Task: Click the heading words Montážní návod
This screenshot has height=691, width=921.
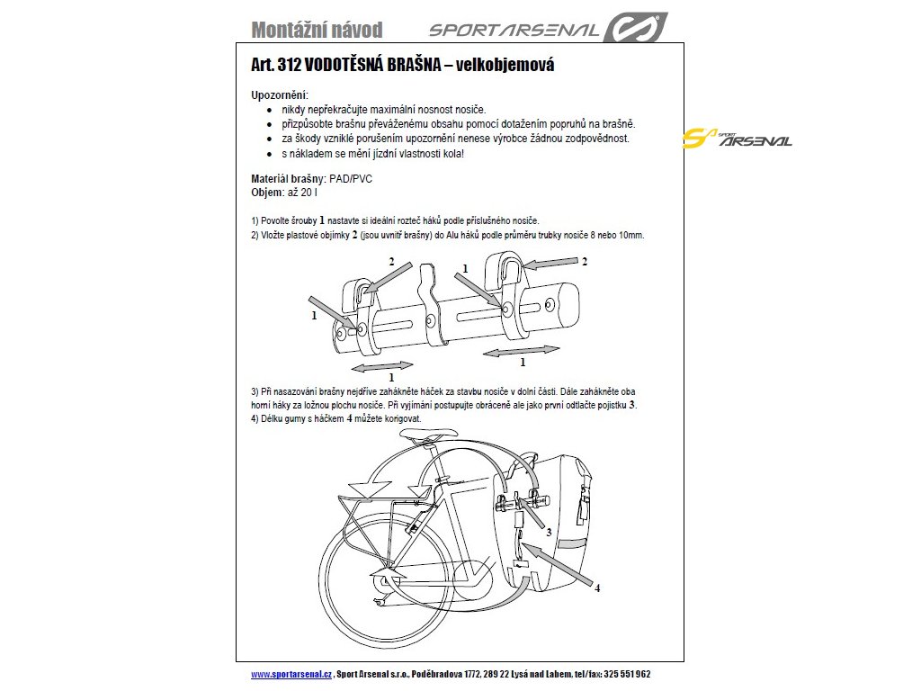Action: tap(317, 30)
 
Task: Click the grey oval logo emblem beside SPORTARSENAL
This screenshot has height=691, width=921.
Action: tap(634, 27)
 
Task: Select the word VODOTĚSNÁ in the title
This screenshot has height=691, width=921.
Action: tap(353, 66)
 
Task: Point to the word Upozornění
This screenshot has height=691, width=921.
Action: tap(280, 94)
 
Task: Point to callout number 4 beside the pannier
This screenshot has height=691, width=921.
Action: tap(596, 588)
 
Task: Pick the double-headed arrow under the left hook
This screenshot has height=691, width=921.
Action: tap(382, 366)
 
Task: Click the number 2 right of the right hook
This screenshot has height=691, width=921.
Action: tap(584, 262)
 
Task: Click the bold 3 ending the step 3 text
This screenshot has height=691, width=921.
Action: tap(632, 406)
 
